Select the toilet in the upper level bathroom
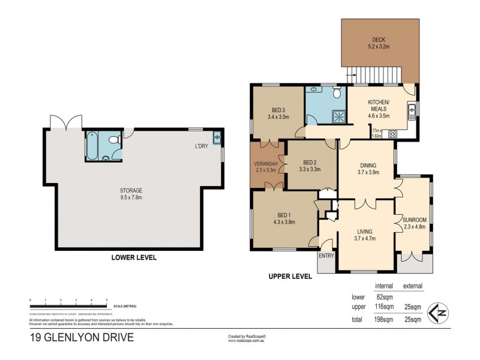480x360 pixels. click(336, 93)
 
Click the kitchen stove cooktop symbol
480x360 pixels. click(394, 134)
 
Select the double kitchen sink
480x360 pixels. click(412, 111)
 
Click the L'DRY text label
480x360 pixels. click(202, 147)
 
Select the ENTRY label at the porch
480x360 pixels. click(327, 256)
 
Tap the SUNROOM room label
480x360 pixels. click(414, 220)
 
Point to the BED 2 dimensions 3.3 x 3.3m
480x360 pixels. click(309, 170)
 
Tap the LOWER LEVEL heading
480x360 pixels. click(134, 257)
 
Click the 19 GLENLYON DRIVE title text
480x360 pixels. click(82, 337)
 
